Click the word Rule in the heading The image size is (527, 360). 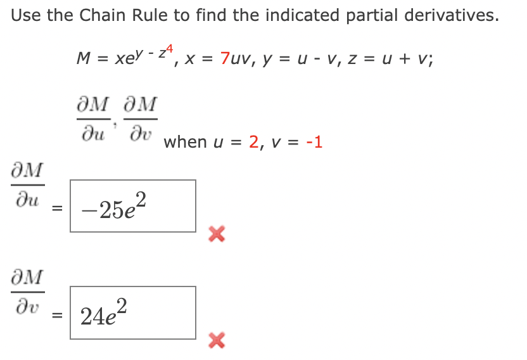tap(152, 16)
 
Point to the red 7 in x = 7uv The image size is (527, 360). tap(226, 59)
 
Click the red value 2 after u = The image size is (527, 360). tap(254, 142)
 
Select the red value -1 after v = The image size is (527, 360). tap(314, 142)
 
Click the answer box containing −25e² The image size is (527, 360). tap(132, 206)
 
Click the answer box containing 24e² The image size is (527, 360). tap(132, 312)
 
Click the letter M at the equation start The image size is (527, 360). tap(83, 59)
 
